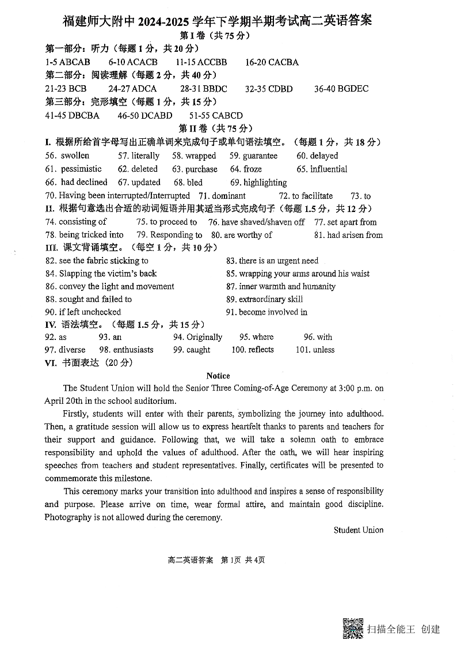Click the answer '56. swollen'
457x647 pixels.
pos(67,156)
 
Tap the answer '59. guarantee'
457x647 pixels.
pos(253,156)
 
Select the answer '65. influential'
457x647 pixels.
pos(322,169)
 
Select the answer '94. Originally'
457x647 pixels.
pos(197,337)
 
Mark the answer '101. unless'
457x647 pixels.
pos(315,350)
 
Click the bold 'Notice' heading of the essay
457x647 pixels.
pos(218,376)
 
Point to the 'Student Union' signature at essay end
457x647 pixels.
pos(358,530)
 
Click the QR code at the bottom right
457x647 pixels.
pos(353,628)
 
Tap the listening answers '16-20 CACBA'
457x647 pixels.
pos(272,62)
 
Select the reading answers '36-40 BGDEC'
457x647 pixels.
pos(341,89)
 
